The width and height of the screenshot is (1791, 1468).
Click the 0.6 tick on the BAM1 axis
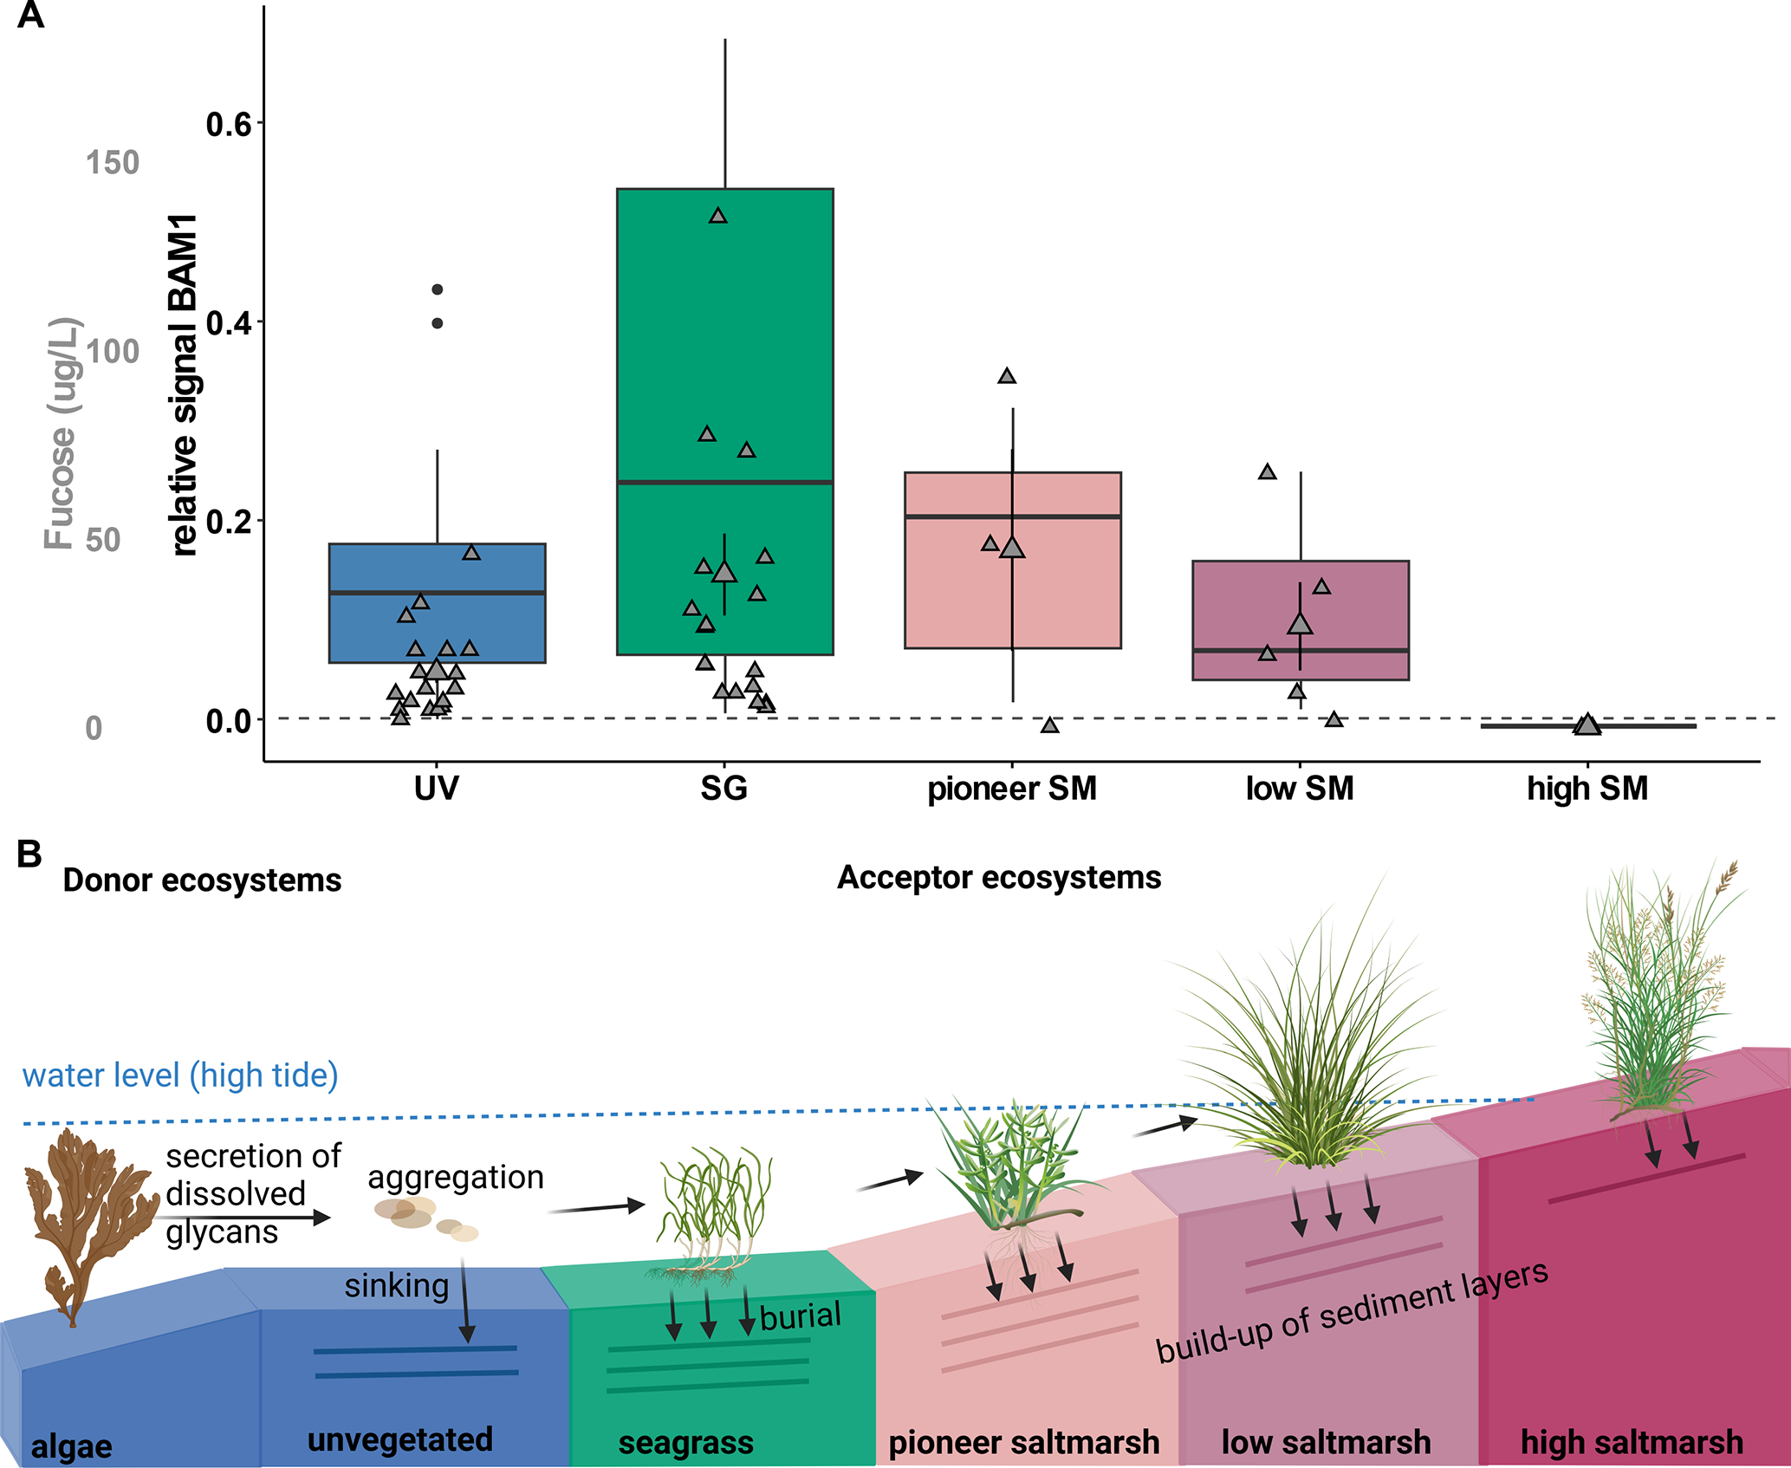click(x=228, y=125)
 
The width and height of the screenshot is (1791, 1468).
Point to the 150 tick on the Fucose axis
click(x=113, y=163)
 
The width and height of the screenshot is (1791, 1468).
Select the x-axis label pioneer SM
click(x=1012, y=789)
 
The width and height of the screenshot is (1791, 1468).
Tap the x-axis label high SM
click(x=1587, y=789)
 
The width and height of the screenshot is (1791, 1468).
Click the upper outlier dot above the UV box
click(x=438, y=289)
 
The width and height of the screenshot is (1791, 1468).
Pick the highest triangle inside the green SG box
click(x=718, y=216)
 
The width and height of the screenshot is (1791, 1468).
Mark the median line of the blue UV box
click(x=437, y=593)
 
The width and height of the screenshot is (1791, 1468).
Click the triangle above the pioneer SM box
click(x=1007, y=376)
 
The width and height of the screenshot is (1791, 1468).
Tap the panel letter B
click(x=29, y=854)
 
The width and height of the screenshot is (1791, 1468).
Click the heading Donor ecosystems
click(x=202, y=880)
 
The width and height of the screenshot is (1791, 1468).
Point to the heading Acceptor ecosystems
click(x=998, y=878)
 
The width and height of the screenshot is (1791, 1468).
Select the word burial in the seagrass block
click(x=801, y=1315)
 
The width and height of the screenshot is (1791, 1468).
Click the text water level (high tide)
click(x=180, y=1075)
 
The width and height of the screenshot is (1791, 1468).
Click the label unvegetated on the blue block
click(x=400, y=1439)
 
